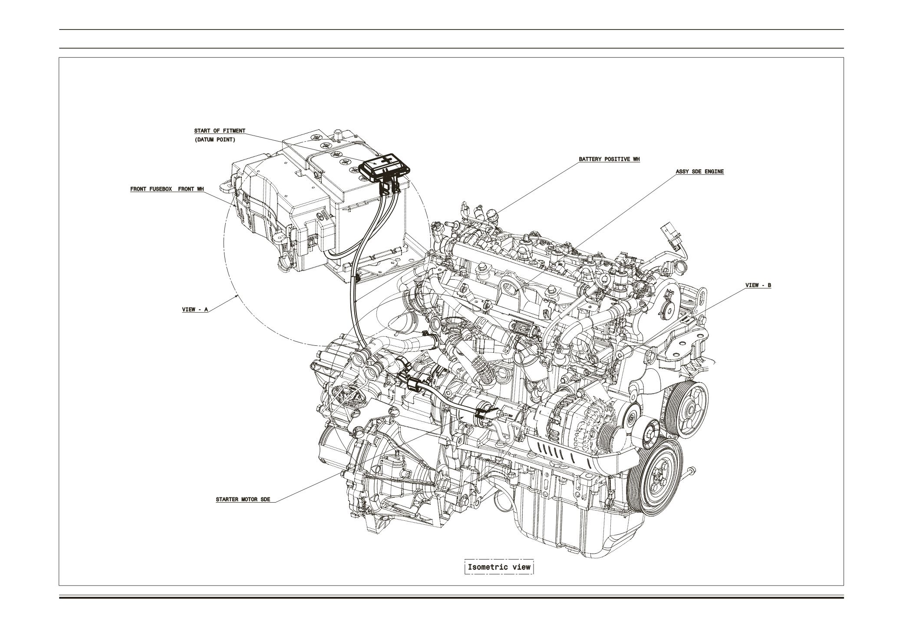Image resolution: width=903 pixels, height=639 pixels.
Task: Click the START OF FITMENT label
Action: pos(219,131)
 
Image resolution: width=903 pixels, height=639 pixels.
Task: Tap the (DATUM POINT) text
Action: pos(214,140)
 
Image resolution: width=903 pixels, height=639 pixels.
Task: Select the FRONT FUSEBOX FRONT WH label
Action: pos(167,189)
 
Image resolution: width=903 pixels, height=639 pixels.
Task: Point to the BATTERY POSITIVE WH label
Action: pos(609,159)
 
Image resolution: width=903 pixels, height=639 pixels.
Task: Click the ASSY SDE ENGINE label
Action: pos(699,172)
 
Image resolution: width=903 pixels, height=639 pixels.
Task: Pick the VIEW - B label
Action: pos(758,285)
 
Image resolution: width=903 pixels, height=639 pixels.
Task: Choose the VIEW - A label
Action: pos(195,310)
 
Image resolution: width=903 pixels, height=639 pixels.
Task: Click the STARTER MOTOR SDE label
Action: pos(243,499)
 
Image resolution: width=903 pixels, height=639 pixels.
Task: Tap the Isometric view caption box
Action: pos(499,567)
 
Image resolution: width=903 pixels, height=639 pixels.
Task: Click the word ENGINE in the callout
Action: pos(714,172)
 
